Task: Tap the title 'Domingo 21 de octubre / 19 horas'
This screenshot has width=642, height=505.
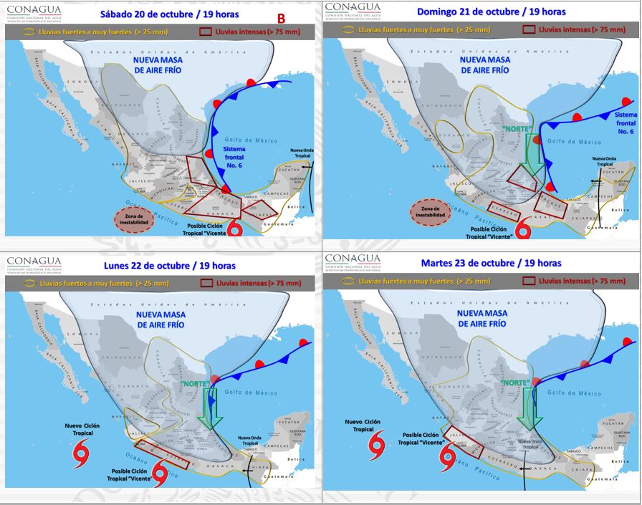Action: click(491, 11)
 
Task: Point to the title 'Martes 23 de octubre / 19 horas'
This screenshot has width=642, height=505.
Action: click(489, 263)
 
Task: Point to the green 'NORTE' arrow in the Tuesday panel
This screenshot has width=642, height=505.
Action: click(529, 406)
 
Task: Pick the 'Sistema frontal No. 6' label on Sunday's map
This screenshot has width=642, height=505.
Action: click(625, 122)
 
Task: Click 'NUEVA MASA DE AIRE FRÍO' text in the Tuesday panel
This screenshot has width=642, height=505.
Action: click(481, 318)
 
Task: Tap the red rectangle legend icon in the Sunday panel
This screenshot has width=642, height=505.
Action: click(529, 30)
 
